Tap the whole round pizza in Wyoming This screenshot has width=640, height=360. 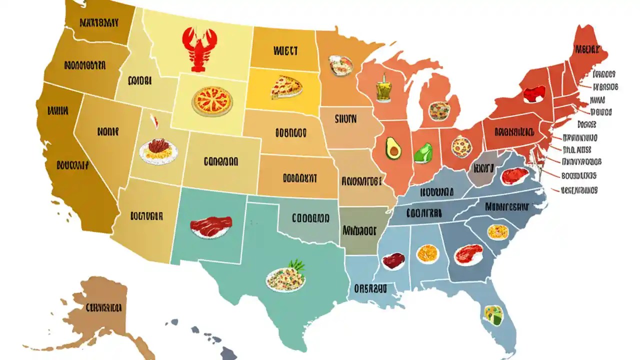pos(212,100)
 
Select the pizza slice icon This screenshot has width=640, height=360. pos(286,87)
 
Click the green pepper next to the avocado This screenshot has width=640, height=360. pos(423,152)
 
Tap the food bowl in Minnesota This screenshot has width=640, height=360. pos(340,65)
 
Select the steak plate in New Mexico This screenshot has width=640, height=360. pos(211,226)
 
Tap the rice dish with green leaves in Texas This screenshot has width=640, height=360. pos(286,278)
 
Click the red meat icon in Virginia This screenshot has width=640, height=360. pos(514,175)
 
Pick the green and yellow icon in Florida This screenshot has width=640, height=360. pos(493,314)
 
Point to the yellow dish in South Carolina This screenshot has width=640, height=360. pos(497,231)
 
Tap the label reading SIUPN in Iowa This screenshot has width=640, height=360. pos(345,119)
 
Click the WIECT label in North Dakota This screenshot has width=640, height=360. pos(285,50)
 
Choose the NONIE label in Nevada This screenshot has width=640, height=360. pos(108,132)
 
